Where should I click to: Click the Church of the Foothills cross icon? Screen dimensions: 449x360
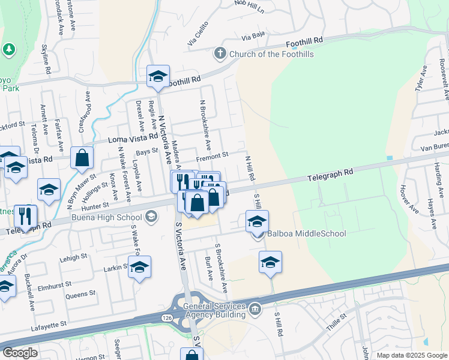point(220,54)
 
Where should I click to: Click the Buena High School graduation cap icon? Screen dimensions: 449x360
point(151,217)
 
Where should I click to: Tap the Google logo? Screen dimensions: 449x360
point(20,353)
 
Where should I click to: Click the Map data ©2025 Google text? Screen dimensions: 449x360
point(412,355)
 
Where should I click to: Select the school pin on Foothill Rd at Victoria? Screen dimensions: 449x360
point(158,77)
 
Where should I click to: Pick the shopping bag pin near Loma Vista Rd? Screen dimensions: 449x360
point(82,158)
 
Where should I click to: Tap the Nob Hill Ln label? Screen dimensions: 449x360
point(249,5)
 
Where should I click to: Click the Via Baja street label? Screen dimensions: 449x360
point(253,36)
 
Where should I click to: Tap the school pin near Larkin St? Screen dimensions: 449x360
point(139,268)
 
